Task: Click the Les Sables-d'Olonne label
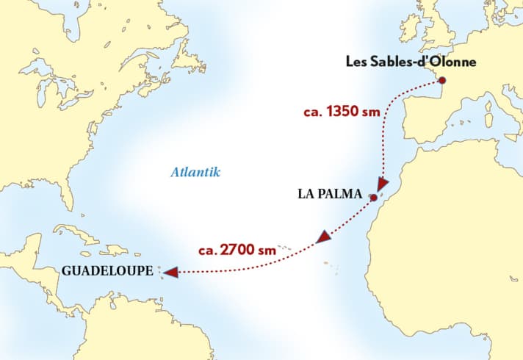[x=411, y=62]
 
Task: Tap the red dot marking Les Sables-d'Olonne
[x=441, y=80]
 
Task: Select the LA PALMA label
[x=330, y=195]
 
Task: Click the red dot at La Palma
[x=374, y=198]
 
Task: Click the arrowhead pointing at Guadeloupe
[x=170, y=273]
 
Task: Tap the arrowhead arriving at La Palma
[x=382, y=183]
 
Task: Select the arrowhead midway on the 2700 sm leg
[x=323, y=237]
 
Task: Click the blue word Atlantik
[x=195, y=173]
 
